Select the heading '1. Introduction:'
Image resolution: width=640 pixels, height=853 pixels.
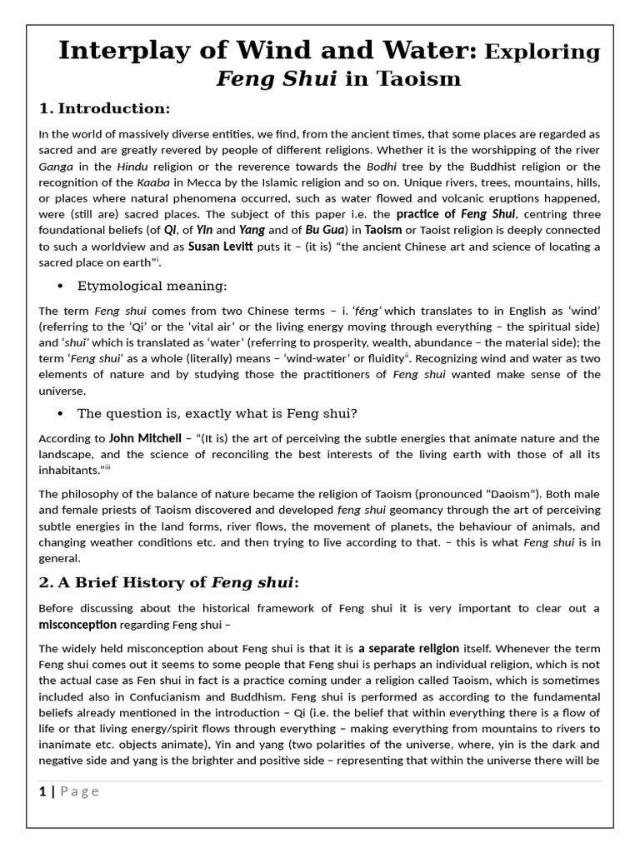pyautogui.click(x=104, y=108)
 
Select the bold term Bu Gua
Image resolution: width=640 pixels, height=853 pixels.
pyautogui.click(x=325, y=230)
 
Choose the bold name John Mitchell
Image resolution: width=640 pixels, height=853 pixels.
pyautogui.click(x=144, y=438)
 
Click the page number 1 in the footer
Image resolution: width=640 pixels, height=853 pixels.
pyautogui.click(x=42, y=791)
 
